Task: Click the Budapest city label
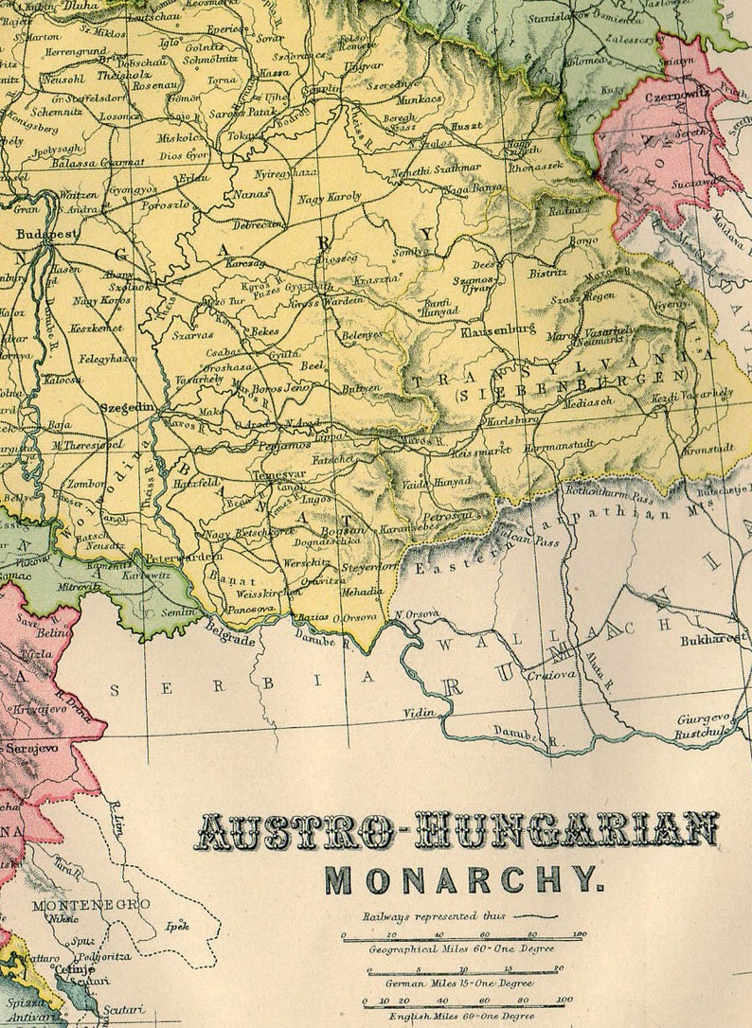(x=46, y=231)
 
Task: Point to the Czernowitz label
(x=679, y=97)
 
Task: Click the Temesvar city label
(x=281, y=476)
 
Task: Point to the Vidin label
(x=418, y=712)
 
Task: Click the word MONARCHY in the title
(x=463, y=879)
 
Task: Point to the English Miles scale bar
(x=464, y=1001)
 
